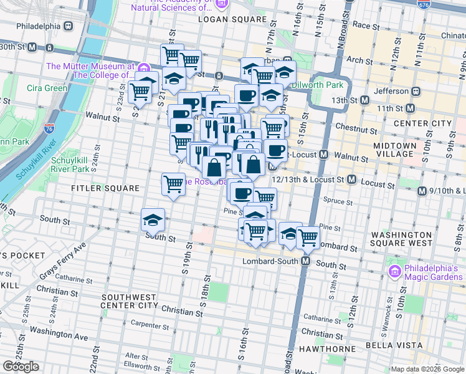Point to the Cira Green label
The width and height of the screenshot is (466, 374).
tap(47, 88)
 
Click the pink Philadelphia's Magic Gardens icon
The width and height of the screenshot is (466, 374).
tap(394, 271)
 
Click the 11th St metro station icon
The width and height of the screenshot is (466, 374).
tap(410, 108)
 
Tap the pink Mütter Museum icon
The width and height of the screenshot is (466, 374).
tap(144, 68)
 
